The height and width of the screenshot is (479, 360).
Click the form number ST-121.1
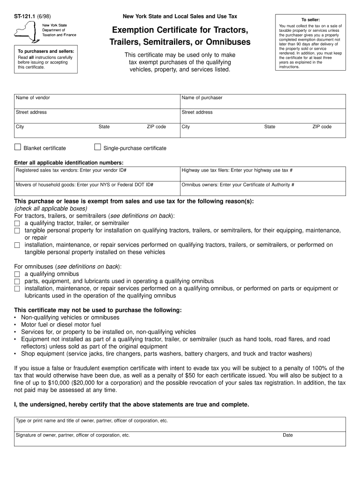[24, 16]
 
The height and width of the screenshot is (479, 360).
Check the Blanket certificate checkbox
[18, 147]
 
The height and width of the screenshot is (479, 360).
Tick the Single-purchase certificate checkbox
[98, 147]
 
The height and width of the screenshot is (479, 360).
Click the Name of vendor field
[96, 101]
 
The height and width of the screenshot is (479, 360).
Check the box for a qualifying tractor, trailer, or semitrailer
[17, 224]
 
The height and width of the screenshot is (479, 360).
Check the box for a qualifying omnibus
[17, 274]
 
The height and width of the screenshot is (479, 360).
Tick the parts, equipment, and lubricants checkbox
[17, 282]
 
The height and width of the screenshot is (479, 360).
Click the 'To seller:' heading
[310, 20]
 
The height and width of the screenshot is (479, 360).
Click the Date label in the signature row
[288, 435]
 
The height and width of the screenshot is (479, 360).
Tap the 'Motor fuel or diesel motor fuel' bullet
[61, 325]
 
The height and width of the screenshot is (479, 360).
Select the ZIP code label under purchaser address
[322, 127]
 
